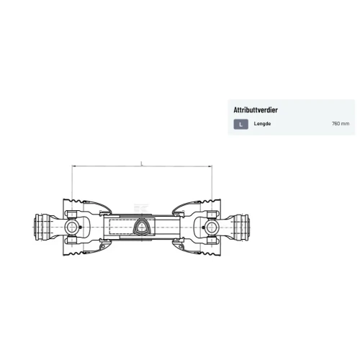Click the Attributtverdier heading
tap(256, 110)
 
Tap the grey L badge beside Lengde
tap(241, 125)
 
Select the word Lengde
tap(262, 124)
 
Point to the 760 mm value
tap(341, 124)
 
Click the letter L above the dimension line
tap(142, 163)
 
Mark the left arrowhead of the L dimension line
tap(73, 166)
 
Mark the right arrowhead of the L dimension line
tap(210, 166)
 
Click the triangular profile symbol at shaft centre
tap(141, 228)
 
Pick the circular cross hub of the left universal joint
tap(71, 227)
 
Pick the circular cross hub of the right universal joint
tap(212, 228)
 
